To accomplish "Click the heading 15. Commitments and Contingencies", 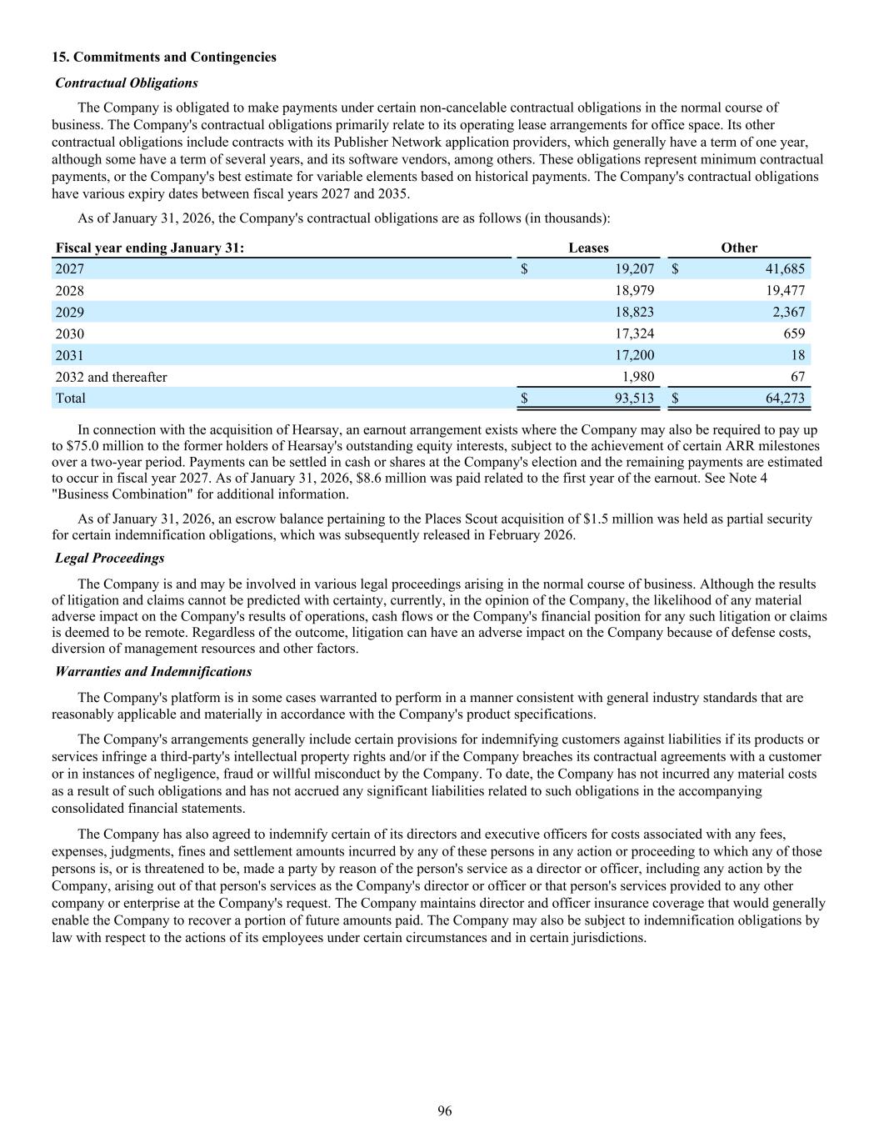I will pos(164,57).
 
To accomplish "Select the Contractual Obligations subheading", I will pos(127,83).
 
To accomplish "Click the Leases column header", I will pos(588,248).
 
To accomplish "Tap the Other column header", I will pos(739,248).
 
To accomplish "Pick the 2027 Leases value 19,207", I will pos(634,269).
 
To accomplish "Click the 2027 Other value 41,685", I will pos(785,269).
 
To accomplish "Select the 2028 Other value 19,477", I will pos(785,290).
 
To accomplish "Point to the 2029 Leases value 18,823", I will pos(634,312).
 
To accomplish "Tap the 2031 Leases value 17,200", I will pos(634,355).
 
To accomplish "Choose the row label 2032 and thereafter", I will pos(111,377).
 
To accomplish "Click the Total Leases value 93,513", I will pos(634,399).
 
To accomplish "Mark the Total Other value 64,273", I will pos(785,399).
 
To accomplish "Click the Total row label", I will pos(70,399).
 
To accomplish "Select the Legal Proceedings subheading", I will pos(110,558).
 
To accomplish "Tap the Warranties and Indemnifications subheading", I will pos(153,671).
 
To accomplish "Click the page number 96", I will pos(445,1110).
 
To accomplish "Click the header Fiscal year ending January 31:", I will pos(150,248).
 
